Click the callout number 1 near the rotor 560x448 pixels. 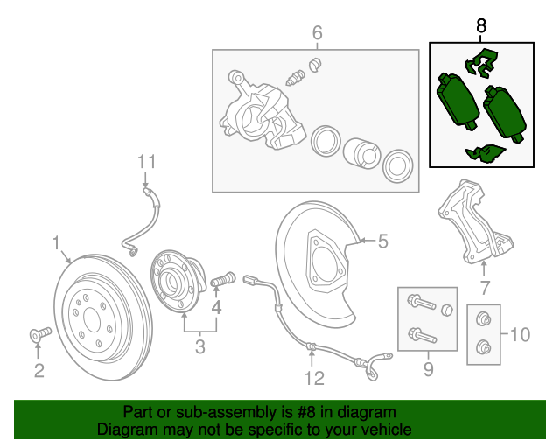(x=56, y=241)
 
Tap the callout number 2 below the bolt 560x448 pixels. (x=38, y=371)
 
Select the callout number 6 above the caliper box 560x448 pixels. (x=317, y=33)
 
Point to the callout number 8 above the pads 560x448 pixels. (x=481, y=26)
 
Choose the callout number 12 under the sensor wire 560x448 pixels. (x=314, y=378)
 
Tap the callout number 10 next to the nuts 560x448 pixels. (x=520, y=333)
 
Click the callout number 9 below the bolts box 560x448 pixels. (x=428, y=370)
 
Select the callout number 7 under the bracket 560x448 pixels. (x=484, y=288)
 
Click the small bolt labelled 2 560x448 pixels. (x=39, y=333)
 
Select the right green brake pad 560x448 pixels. (x=504, y=114)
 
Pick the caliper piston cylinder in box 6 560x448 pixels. (x=360, y=151)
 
